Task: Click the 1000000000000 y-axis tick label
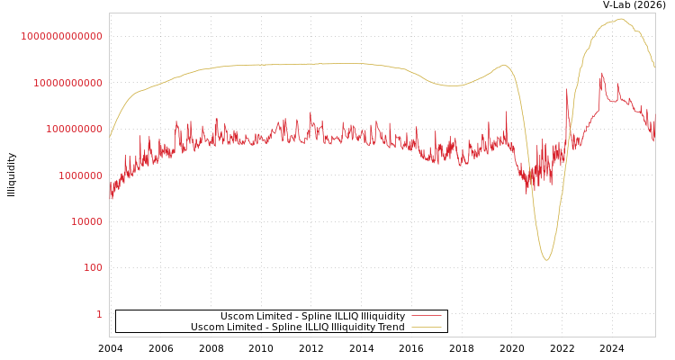(x=61, y=36)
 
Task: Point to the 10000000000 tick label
(x=67, y=83)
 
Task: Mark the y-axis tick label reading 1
(x=99, y=314)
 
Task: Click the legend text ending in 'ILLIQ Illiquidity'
(x=312, y=317)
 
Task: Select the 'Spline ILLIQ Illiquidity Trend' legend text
(x=297, y=327)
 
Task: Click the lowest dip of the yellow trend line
(x=546, y=260)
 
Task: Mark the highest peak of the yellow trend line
(x=621, y=19)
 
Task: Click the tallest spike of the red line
(x=602, y=74)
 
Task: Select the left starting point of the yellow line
(x=110, y=138)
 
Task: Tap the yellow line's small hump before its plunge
(x=503, y=65)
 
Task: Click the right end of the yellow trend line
(x=654, y=67)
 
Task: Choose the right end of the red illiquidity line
(x=654, y=135)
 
